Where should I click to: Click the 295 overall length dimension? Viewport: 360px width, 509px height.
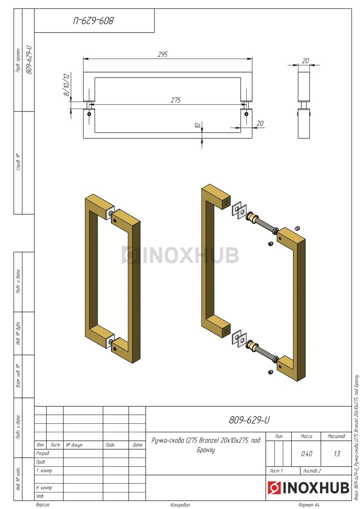(162, 54)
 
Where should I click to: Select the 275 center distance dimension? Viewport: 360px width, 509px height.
(176, 100)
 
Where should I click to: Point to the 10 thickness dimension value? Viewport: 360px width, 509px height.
(198, 125)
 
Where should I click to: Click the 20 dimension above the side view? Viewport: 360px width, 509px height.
(305, 61)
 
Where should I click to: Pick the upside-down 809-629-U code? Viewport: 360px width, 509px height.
(93, 21)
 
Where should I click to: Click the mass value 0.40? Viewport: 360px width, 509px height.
(307, 454)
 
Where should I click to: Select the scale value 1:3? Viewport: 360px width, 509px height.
(337, 454)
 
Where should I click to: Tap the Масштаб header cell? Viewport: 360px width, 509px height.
(336, 436)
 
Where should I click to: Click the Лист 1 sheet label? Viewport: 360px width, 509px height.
(276, 470)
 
